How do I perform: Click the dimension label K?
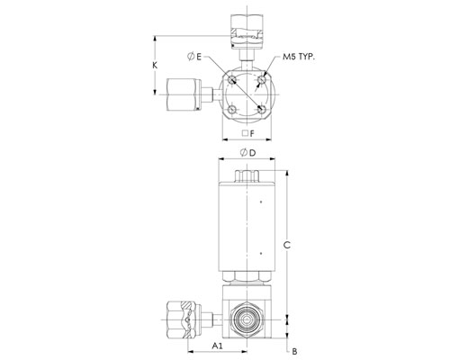pyautogui.click(x=155, y=65)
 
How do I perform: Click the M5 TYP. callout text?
pyautogui.click(x=299, y=57)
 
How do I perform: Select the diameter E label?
pyautogui.click(x=194, y=57)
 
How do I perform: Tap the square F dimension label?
pyautogui.click(x=248, y=133)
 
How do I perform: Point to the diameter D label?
pyautogui.click(x=248, y=153)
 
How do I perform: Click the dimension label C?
pyautogui.click(x=287, y=246)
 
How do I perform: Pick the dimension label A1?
pyautogui.click(x=218, y=346)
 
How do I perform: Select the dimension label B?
pyautogui.click(x=294, y=351)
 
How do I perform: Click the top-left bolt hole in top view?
pyautogui.click(x=231, y=80)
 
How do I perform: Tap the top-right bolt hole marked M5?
pyautogui.click(x=262, y=80)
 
